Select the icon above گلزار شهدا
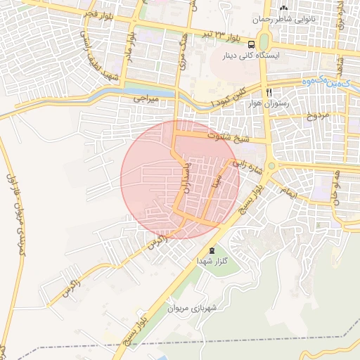(211, 251)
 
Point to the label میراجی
(147, 101)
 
